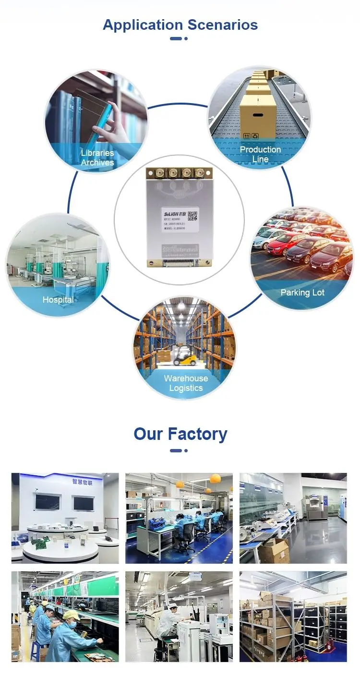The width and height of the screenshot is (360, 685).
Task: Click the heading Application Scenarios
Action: (x=180, y=24)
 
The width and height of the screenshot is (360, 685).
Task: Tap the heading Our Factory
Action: (x=180, y=434)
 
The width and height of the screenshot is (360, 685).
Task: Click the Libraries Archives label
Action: (x=97, y=158)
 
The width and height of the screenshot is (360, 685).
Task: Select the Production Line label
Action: (x=261, y=154)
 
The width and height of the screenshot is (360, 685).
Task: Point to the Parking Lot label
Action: (x=302, y=293)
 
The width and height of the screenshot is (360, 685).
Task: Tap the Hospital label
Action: (x=58, y=300)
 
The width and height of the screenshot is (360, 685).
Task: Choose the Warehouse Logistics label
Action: (x=186, y=383)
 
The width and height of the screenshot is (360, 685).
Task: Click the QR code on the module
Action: (x=193, y=215)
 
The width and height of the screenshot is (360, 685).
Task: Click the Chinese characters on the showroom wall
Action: (x=81, y=481)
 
